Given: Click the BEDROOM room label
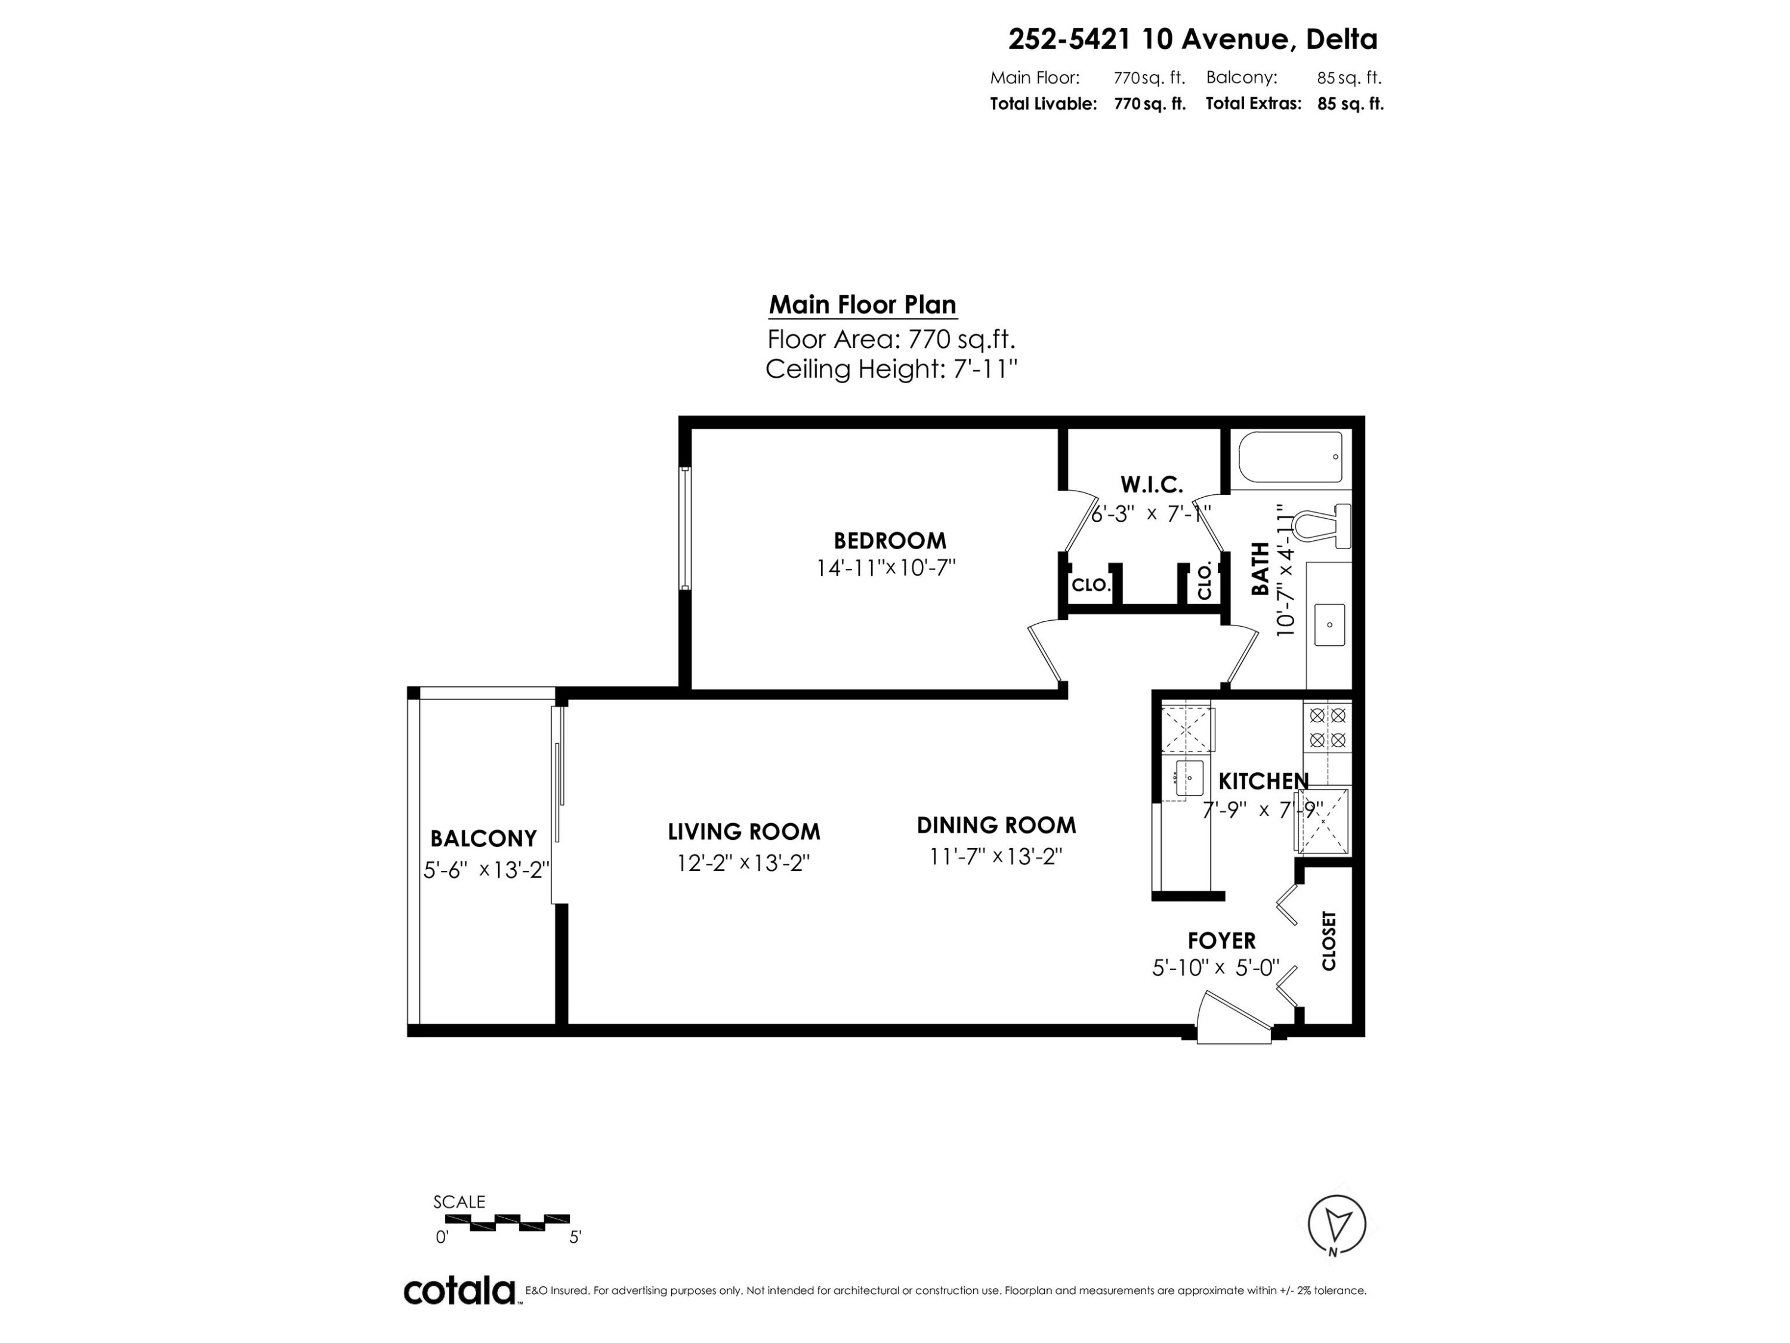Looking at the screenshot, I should pyautogui.click(x=890, y=540).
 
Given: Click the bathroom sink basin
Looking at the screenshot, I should pyautogui.click(x=1329, y=624).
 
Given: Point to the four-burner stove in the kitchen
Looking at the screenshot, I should pyautogui.click(x=1327, y=727).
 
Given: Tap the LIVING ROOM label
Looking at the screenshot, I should pyautogui.click(x=743, y=831).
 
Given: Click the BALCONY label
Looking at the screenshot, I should pyautogui.click(x=483, y=838).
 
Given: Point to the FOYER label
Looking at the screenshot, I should pyautogui.click(x=1221, y=940).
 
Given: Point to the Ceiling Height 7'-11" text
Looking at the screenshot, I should pyautogui.click(x=890, y=369).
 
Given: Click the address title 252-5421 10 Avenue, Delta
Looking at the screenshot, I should pyautogui.click(x=1192, y=39).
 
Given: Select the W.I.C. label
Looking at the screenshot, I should pyautogui.click(x=1151, y=484).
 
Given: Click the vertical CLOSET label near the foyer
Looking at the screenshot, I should pyautogui.click(x=1328, y=941).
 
